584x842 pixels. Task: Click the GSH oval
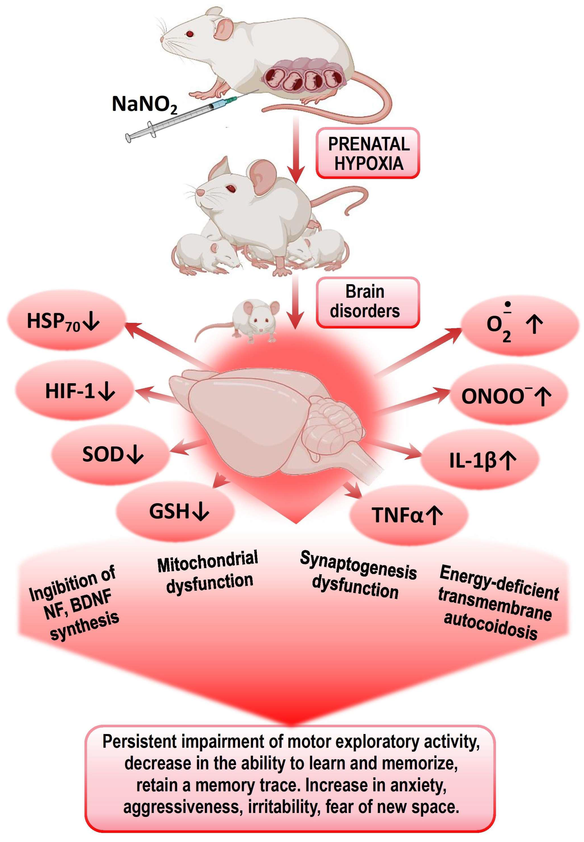(176, 511)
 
